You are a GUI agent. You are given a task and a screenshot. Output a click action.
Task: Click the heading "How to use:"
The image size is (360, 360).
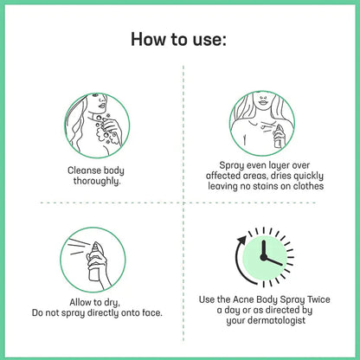(x=180, y=40)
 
